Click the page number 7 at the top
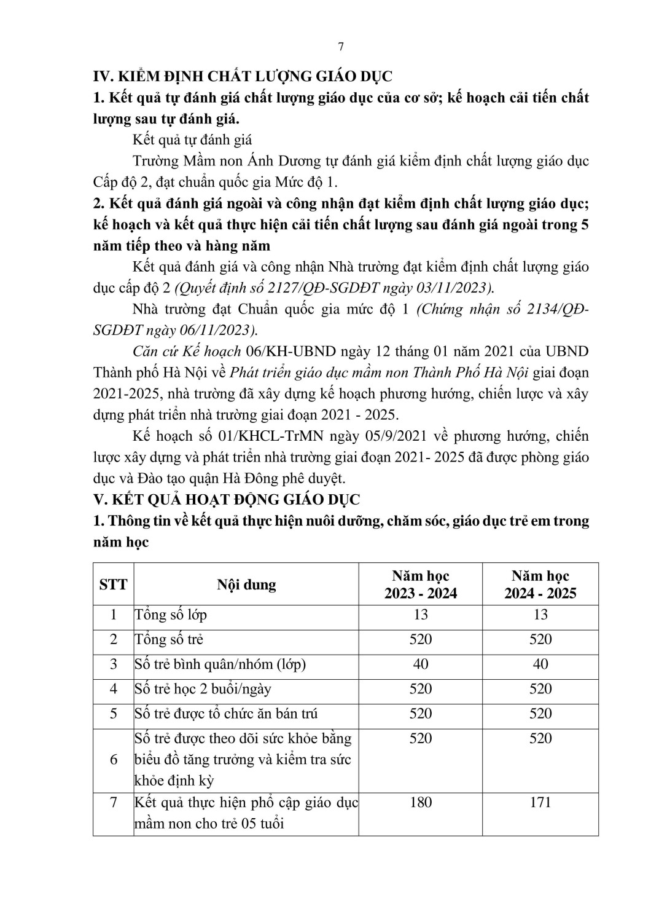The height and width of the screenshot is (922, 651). point(341,47)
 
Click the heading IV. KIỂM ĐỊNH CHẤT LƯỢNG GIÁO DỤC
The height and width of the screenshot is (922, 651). point(242,76)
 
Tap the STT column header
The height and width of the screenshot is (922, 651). point(113,584)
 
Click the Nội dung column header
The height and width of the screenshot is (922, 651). point(246,584)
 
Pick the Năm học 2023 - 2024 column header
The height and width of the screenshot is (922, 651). point(421,584)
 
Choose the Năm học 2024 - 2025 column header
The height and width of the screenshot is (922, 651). point(540,584)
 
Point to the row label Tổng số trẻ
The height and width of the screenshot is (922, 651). point(169,639)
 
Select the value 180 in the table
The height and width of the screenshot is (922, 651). point(421,802)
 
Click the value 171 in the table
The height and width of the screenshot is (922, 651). point(540,802)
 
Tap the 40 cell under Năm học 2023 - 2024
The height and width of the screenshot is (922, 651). point(421,664)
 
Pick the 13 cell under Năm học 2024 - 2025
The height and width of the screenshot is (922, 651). point(540,615)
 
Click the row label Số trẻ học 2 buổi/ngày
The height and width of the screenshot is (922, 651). point(203,689)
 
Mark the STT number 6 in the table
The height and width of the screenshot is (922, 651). point(113,760)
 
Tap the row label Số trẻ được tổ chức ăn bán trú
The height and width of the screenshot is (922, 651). point(226,714)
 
